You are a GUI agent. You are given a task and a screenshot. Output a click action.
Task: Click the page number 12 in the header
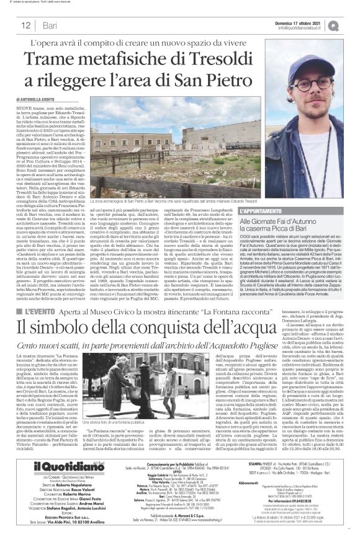click(x=27, y=25)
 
